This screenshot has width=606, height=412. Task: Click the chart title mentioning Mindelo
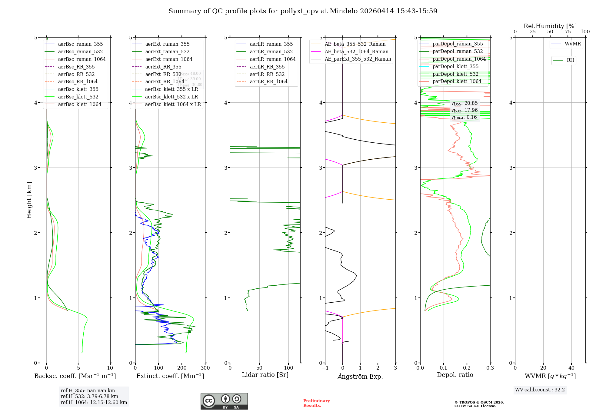click(303, 11)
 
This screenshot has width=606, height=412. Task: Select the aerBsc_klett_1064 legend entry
click(79, 105)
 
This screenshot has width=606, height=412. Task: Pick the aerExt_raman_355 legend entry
click(167, 44)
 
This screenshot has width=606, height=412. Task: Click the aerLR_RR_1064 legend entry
click(268, 82)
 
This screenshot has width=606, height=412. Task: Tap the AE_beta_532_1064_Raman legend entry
click(356, 52)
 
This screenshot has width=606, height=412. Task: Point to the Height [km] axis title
click(29, 200)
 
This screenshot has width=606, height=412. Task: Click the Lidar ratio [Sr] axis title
click(265, 375)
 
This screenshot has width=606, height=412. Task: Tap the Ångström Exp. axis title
click(360, 377)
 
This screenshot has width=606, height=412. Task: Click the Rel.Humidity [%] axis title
click(550, 26)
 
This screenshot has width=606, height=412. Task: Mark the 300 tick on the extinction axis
click(205, 368)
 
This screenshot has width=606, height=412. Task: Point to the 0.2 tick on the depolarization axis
click(467, 368)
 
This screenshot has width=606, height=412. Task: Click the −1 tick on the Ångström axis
click(325, 368)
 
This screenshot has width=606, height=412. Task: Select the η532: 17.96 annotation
click(465, 111)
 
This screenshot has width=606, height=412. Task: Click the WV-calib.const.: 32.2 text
click(540, 390)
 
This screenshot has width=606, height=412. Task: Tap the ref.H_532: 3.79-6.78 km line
click(89, 397)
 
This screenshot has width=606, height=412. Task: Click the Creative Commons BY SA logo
click(224, 401)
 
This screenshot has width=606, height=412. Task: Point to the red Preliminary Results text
click(316, 403)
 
